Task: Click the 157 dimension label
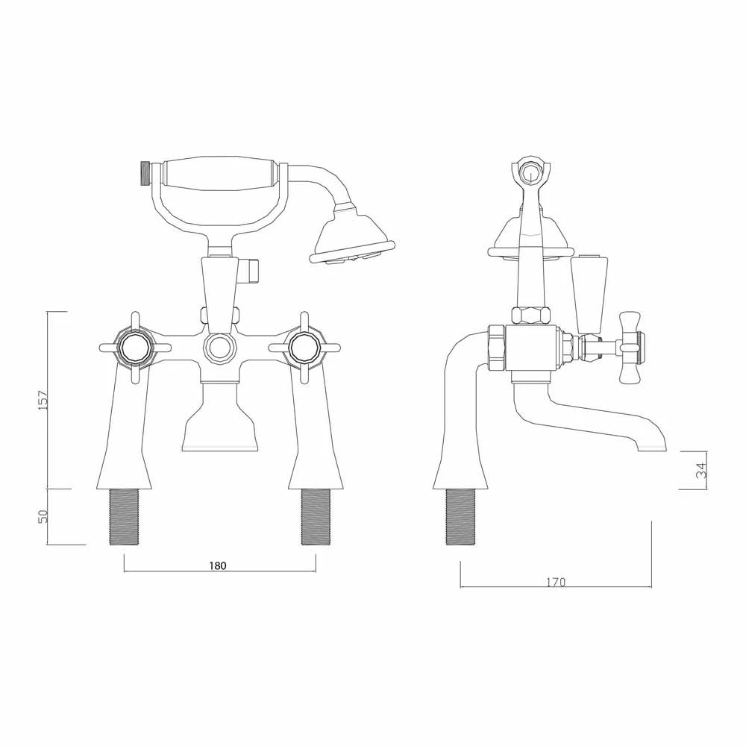click(x=44, y=400)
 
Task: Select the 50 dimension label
click(x=44, y=516)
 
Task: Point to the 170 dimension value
click(x=556, y=581)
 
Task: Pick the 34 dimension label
click(x=700, y=471)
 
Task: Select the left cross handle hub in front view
click(x=135, y=347)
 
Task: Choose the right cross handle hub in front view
click(x=304, y=347)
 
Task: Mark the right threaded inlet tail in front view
click(x=314, y=518)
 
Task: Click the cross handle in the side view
click(x=632, y=346)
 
